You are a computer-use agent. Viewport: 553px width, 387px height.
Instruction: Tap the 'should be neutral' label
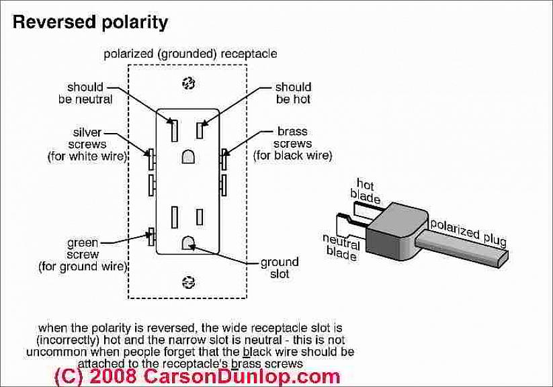tap(85, 93)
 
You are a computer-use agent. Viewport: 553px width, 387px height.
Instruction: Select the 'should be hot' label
tap(293, 93)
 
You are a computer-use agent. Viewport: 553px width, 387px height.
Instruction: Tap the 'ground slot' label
tap(275, 268)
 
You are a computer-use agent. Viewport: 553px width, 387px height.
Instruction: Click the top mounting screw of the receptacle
tap(188, 82)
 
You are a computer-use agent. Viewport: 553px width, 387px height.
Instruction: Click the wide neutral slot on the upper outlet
tap(173, 130)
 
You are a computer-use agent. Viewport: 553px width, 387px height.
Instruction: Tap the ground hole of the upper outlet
tap(188, 157)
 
